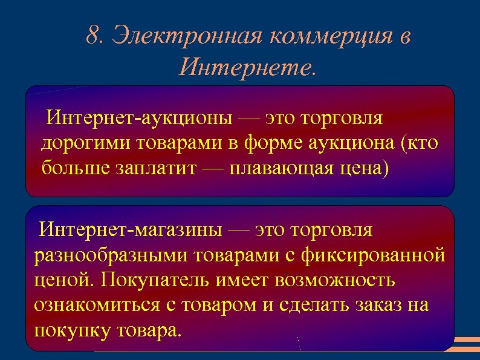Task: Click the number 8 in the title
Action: pyautogui.click(x=92, y=36)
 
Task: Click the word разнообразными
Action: pyautogui.click(x=111, y=256)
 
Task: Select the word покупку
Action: pyautogui.click(x=69, y=331)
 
